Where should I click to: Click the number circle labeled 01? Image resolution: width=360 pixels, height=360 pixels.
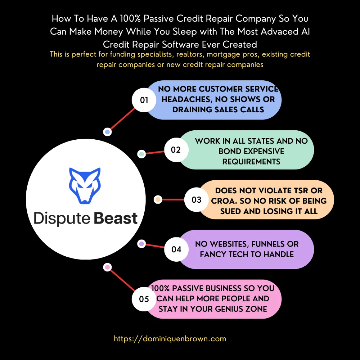pyautogui.click(x=144, y=100)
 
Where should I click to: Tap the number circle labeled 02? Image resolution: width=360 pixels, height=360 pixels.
pyautogui.click(x=176, y=150)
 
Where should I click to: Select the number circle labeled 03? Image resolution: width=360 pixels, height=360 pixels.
pyautogui.click(x=197, y=199)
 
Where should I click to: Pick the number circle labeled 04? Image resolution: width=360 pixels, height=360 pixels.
pyautogui.click(x=176, y=249)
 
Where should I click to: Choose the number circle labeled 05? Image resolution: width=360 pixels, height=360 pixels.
pyautogui.click(x=144, y=299)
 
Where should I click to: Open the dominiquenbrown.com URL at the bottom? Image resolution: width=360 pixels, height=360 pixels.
pyautogui.click(x=170, y=339)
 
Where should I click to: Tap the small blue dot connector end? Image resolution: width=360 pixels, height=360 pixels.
pyautogui.click(x=107, y=132)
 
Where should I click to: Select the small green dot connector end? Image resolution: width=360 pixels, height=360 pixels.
pyautogui.click(x=141, y=154)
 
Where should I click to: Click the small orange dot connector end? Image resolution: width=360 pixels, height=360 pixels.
pyautogui.click(x=157, y=199)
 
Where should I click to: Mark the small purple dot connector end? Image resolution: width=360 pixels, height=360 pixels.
pyautogui.click(x=141, y=244)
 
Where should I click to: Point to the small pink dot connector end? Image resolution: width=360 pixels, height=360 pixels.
pyautogui.click(x=107, y=267)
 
